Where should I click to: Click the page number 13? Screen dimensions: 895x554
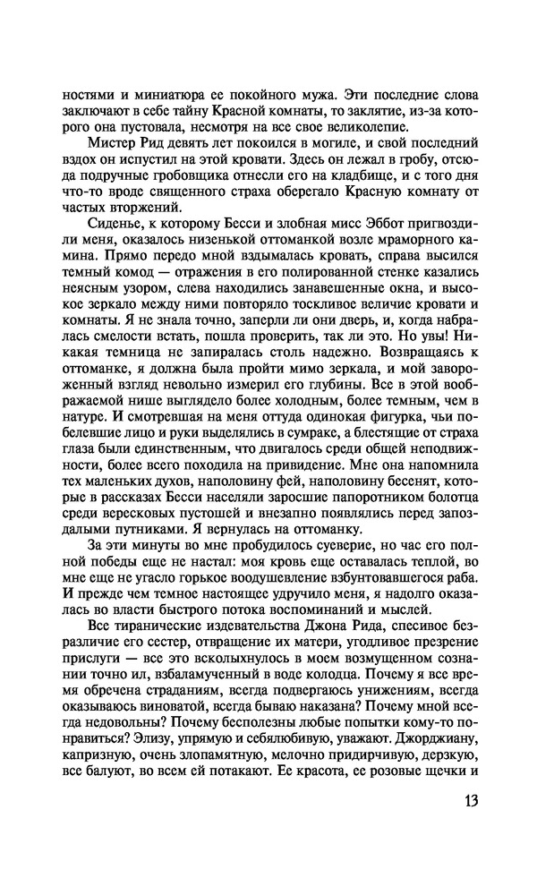(x=470, y=798)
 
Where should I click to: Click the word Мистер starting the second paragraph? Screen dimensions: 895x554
(x=119, y=143)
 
